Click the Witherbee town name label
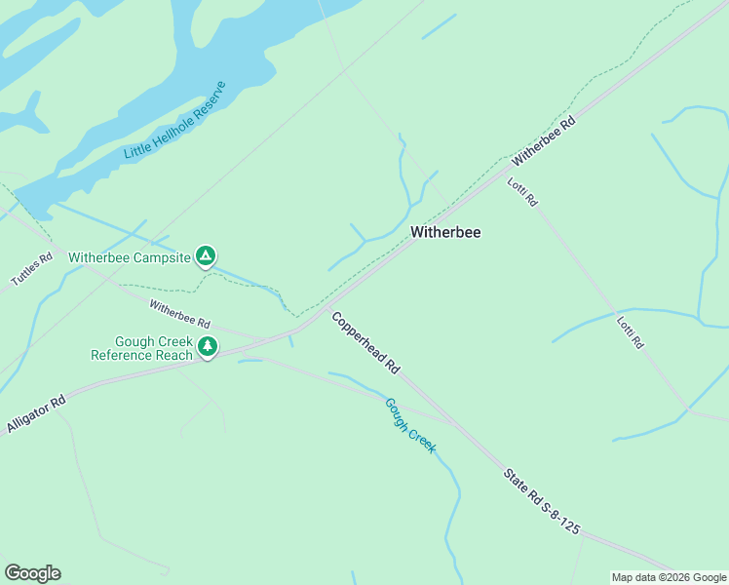[x=445, y=233]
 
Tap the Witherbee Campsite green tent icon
[x=206, y=256]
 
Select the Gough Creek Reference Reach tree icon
[x=207, y=346]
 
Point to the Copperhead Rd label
[x=365, y=343]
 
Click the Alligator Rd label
[x=35, y=413]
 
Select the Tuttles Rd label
[x=31, y=269]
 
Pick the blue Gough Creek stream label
[x=410, y=425]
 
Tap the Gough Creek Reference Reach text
[x=141, y=348]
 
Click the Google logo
[x=32, y=573]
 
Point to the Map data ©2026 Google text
[x=669, y=577]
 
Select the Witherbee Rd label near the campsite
[x=179, y=314]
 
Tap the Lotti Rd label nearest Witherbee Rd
[x=522, y=190]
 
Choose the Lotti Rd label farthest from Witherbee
[x=631, y=332]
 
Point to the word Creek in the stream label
[x=422, y=440]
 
